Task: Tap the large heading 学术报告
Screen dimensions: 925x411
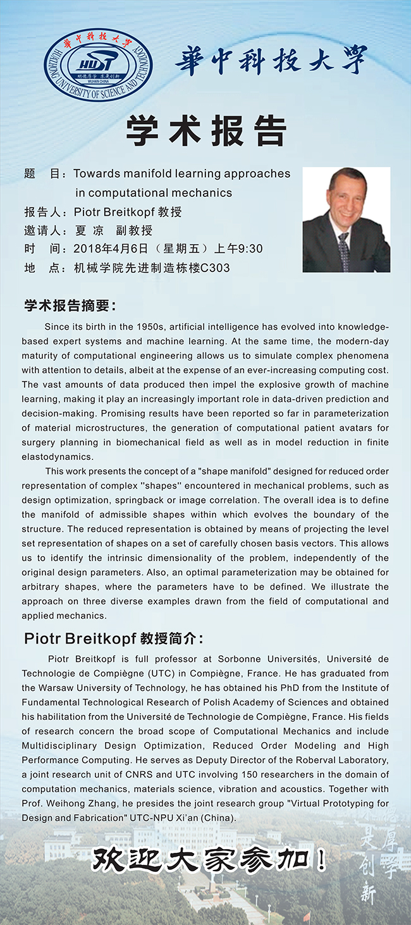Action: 205,130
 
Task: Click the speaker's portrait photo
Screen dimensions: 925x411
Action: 346,220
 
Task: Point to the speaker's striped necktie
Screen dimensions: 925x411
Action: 343,251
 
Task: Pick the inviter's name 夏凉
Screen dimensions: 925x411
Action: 89,230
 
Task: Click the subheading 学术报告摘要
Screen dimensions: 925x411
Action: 70,306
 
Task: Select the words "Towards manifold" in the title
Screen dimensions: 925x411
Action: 120,173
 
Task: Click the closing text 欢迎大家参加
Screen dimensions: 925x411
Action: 209,860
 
